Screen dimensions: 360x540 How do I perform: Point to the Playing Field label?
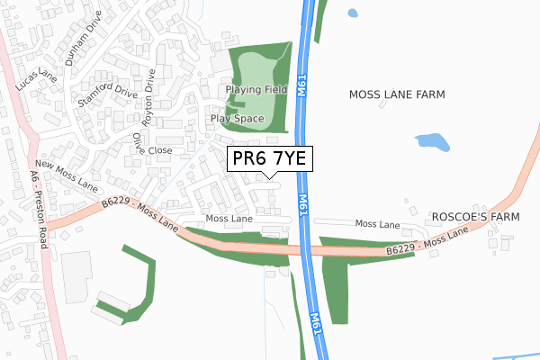point(256,90)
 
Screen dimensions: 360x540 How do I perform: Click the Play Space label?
point(237,118)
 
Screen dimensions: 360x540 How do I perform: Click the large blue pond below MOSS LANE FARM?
point(433,141)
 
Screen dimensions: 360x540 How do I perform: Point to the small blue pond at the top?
point(352,13)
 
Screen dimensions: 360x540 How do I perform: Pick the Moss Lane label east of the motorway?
point(377,223)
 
